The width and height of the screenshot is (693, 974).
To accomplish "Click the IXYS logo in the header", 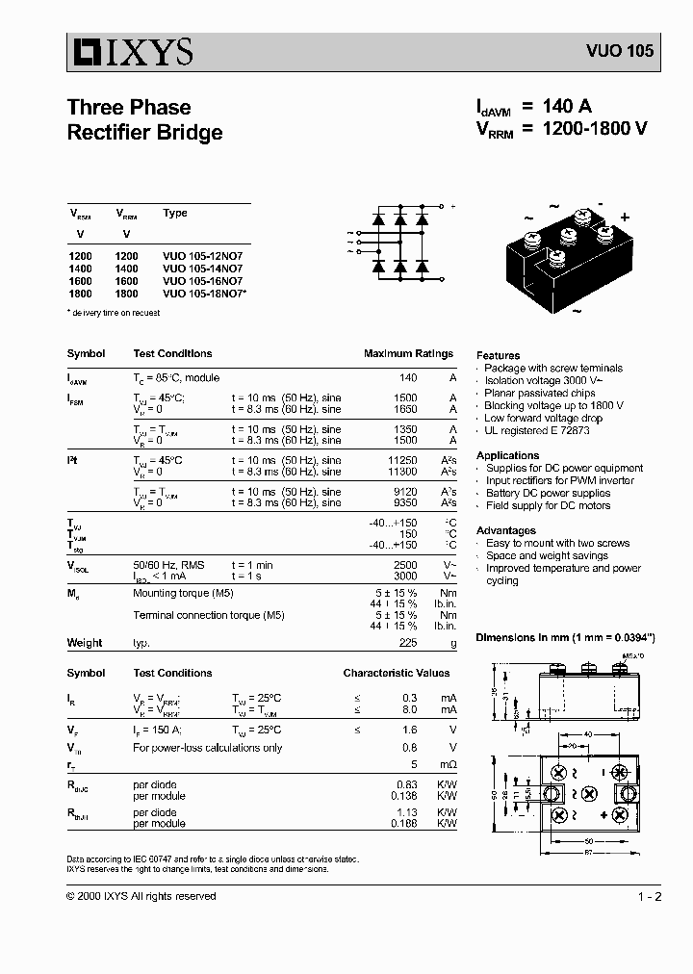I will coord(130,51).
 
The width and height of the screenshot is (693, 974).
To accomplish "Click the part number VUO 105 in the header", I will coord(620,52).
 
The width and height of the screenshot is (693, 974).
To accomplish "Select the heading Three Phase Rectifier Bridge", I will coord(144,120).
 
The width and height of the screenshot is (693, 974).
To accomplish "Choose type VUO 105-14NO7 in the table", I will coord(203,269).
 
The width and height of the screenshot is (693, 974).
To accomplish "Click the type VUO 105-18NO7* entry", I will coord(205,295).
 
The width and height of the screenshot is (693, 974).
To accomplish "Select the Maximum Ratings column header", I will coord(408,354).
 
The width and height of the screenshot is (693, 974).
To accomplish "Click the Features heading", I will coord(498,355).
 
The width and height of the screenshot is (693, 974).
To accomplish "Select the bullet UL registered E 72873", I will coord(536,431).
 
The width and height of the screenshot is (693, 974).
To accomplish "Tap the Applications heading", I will coord(507,455).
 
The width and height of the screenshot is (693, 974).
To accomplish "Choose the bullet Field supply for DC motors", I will coord(548,506).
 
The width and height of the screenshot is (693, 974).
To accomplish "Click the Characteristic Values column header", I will coord(397,674).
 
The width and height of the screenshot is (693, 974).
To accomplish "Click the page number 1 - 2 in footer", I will coord(650,897).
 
